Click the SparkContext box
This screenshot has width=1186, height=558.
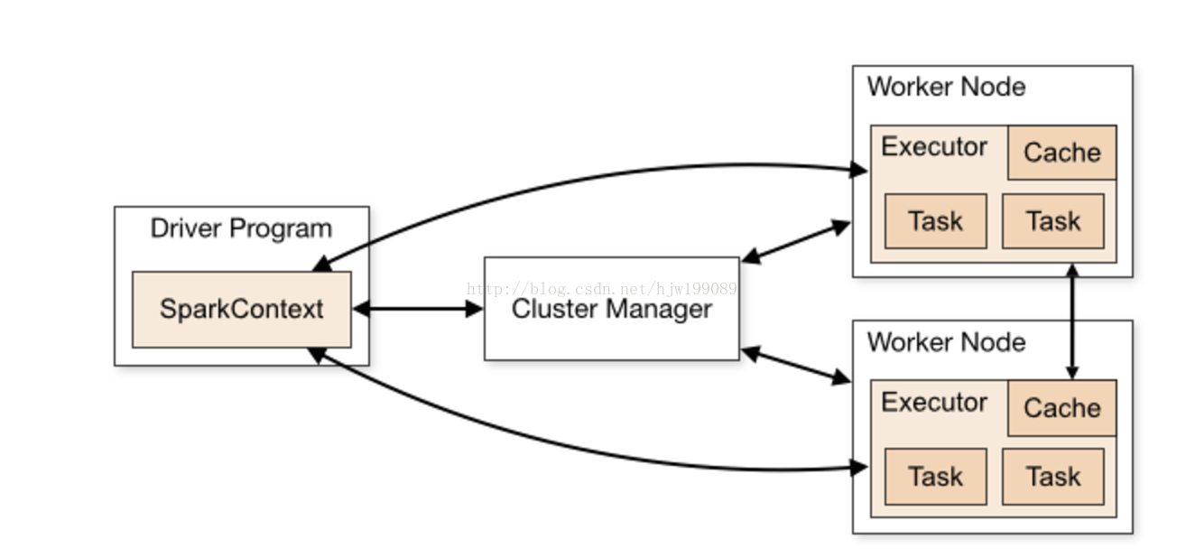(x=241, y=310)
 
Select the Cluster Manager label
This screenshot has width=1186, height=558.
(x=612, y=310)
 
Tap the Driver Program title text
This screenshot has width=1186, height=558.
(x=241, y=228)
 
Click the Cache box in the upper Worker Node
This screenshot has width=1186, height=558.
(x=1062, y=153)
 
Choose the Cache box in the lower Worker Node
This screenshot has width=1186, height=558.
(x=1062, y=407)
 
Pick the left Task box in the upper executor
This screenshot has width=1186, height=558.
(x=936, y=221)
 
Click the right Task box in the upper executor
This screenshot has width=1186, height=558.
(x=1053, y=221)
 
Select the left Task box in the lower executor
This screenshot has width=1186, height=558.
(x=936, y=477)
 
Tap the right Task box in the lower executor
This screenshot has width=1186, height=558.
(x=1053, y=477)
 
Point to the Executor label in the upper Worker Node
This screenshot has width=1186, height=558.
(x=934, y=146)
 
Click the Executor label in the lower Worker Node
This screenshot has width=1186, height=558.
(x=934, y=403)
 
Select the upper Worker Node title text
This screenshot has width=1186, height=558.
(x=946, y=87)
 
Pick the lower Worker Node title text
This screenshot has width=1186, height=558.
(x=946, y=342)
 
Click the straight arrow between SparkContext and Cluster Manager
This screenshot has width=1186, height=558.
(x=418, y=309)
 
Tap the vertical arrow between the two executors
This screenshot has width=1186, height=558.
(x=1072, y=321)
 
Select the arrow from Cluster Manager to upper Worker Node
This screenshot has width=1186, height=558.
(x=796, y=241)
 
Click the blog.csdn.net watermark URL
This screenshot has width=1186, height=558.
(x=601, y=289)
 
